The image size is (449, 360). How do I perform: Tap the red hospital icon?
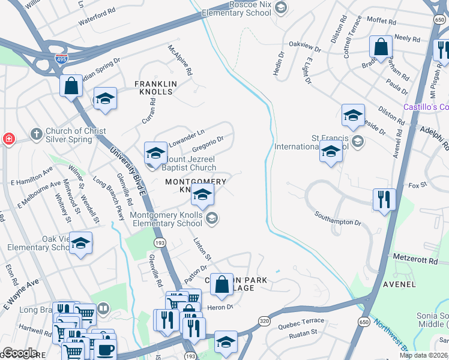click(x=8, y=139)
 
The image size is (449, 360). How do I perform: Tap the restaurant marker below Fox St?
click(x=384, y=199)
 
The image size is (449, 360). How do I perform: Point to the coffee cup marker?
click(x=106, y=349)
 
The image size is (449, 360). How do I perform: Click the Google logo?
click(x=19, y=353)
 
